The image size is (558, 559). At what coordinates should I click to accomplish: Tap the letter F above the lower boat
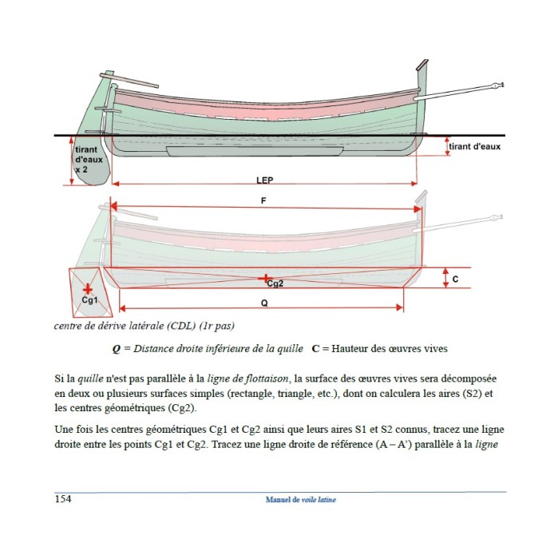click(263, 200)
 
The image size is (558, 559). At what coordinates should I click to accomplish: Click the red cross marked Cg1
click(87, 287)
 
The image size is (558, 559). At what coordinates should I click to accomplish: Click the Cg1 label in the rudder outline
click(89, 300)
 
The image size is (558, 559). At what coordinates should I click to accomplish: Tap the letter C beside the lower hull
click(456, 279)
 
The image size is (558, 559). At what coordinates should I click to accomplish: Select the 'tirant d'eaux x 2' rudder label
click(88, 159)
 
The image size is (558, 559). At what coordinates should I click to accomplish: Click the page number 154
click(62, 500)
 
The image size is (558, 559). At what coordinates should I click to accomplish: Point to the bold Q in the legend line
click(117, 349)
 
